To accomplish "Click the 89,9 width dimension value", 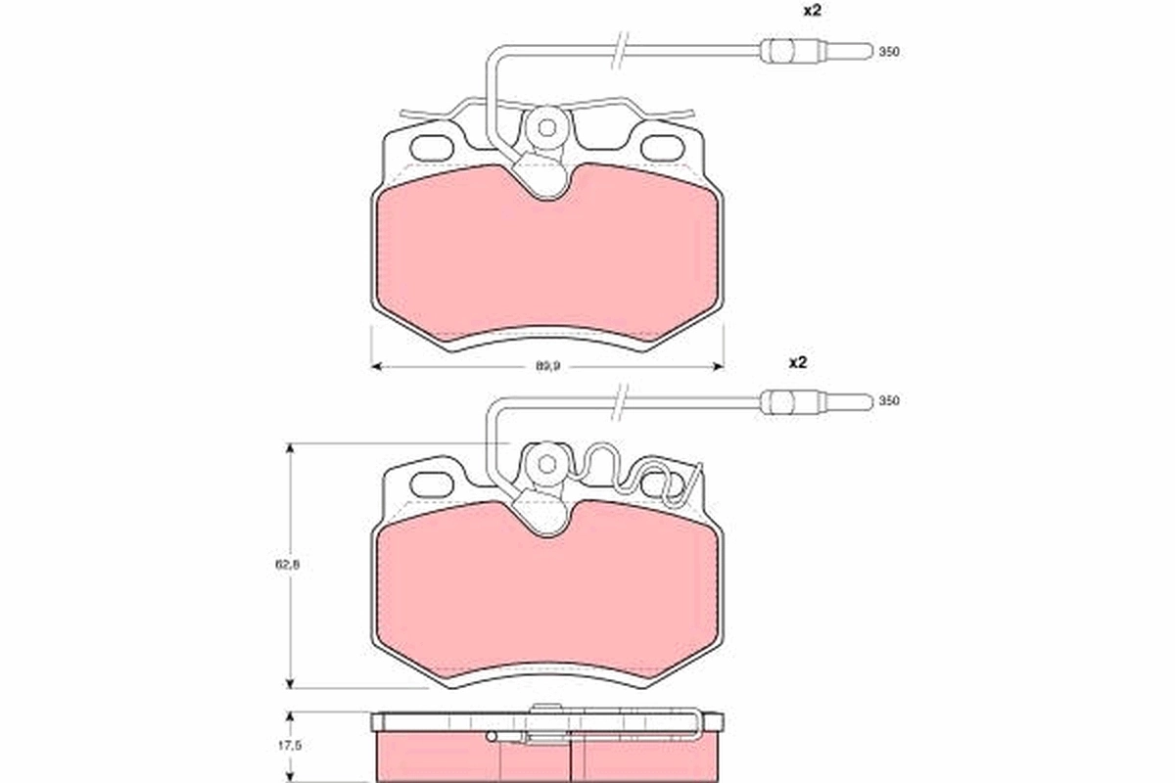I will (546, 365).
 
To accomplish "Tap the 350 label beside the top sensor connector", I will (888, 52).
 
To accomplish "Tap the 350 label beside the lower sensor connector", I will (888, 401).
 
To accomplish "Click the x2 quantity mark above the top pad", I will (813, 12).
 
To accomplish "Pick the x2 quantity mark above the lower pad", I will (797, 362).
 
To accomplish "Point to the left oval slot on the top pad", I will (430, 148).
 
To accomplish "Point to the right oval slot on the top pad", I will (664, 148).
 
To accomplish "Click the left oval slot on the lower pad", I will (430, 484).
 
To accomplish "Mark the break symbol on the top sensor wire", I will (619, 50).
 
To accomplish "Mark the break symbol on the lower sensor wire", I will (619, 400).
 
